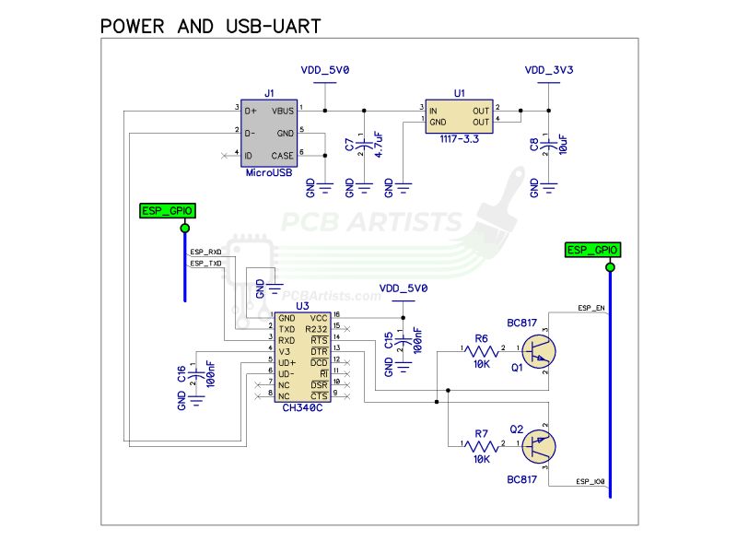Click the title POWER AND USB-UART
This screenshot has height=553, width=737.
click(216, 25)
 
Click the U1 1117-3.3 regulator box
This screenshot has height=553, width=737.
click(459, 116)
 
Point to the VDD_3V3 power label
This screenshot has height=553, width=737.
click(547, 70)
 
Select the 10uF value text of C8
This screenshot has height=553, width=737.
click(562, 146)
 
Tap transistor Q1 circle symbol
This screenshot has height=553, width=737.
click(537, 351)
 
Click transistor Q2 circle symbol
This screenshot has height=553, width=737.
click(538, 447)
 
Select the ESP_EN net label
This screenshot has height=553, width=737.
click(591, 308)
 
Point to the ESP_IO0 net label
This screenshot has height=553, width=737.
click(591, 482)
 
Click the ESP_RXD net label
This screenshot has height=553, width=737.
click(205, 252)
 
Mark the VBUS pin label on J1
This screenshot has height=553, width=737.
click(283, 111)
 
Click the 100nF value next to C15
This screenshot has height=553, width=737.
click(417, 341)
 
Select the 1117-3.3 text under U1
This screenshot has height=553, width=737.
click(460, 139)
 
